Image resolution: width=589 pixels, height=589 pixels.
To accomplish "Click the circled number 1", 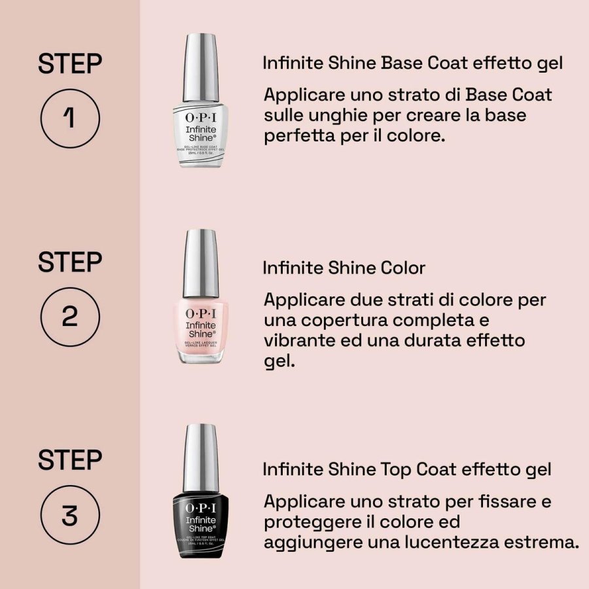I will (69, 118).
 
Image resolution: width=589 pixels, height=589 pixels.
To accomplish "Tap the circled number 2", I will (69, 317).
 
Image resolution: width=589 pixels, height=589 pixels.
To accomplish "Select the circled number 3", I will (69, 515).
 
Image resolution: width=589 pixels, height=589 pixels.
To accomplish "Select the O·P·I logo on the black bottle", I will (200, 509).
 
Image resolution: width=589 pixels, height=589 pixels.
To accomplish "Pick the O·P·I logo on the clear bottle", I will (200, 117).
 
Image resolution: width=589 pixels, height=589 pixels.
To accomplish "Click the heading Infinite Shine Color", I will (344, 268).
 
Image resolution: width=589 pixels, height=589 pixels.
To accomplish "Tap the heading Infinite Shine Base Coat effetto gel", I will (413, 63).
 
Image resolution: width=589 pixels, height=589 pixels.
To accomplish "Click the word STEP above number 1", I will (69, 65).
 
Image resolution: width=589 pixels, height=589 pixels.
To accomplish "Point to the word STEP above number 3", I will (69, 460).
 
